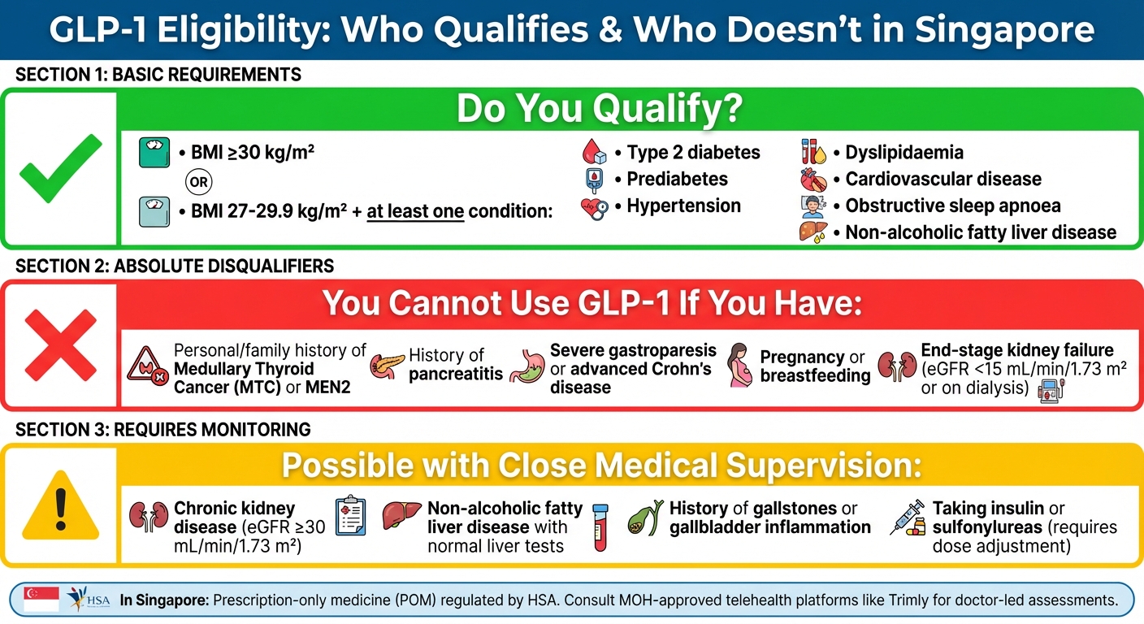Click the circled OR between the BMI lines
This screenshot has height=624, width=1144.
click(197, 180)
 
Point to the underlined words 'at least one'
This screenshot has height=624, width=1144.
click(415, 210)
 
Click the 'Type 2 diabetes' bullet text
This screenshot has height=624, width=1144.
click(693, 152)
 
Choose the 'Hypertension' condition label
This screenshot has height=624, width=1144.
click(683, 206)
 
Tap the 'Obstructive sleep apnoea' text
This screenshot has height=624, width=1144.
click(952, 206)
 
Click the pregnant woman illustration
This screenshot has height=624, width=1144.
click(739, 365)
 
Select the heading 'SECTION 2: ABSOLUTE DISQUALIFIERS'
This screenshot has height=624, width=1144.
click(175, 266)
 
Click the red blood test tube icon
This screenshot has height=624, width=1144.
click(600, 526)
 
